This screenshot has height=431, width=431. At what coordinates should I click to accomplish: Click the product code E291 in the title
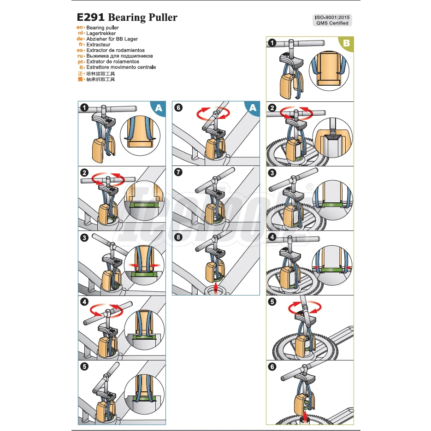coord(90,18)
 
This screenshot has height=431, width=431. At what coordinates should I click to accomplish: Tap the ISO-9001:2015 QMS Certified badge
coord(332,20)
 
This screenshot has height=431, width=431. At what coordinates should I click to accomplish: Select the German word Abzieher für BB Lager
coord(112,39)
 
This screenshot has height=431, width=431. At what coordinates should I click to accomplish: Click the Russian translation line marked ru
coord(119,56)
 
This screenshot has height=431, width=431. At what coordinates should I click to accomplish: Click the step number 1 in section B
coord(272,43)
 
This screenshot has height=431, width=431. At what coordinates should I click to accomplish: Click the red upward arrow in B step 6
coord(305,416)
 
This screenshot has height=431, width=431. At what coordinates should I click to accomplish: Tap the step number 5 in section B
coord(272,302)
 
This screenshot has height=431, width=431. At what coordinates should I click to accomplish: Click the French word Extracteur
coord(98,45)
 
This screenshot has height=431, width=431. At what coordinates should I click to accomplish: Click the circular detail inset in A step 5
coord(144,393)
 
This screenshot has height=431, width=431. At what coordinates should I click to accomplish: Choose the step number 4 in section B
coord(272,237)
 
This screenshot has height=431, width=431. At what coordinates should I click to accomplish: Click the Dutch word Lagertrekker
coord(101,34)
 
